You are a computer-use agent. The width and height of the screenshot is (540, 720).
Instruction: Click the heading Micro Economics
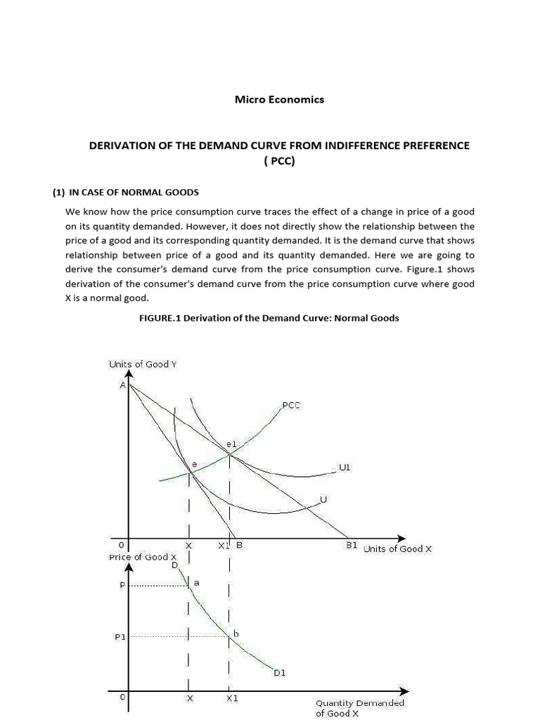click(x=279, y=99)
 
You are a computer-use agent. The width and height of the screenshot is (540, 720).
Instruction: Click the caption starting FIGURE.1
click(x=269, y=318)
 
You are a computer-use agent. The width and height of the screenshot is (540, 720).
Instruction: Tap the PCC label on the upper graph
click(x=291, y=405)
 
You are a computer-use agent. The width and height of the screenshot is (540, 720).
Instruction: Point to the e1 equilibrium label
click(x=231, y=444)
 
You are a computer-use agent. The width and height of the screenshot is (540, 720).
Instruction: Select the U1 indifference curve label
click(x=345, y=467)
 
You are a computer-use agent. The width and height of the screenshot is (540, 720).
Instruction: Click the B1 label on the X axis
click(x=352, y=545)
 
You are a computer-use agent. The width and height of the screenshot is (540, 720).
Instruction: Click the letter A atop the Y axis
click(x=123, y=385)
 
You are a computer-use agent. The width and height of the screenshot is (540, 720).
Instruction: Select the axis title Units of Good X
click(x=397, y=548)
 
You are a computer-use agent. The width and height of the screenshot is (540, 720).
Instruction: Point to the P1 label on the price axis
click(x=120, y=636)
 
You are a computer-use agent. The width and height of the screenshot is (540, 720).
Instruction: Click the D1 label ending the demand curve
click(x=279, y=673)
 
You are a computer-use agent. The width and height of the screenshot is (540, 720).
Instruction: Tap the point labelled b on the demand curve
click(x=236, y=634)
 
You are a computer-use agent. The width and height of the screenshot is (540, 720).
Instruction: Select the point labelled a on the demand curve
click(x=196, y=583)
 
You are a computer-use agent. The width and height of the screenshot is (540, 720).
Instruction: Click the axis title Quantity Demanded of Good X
click(x=359, y=707)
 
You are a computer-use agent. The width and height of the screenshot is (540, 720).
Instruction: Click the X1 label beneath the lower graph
click(x=232, y=699)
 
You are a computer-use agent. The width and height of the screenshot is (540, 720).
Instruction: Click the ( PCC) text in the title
click(x=279, y=160)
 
